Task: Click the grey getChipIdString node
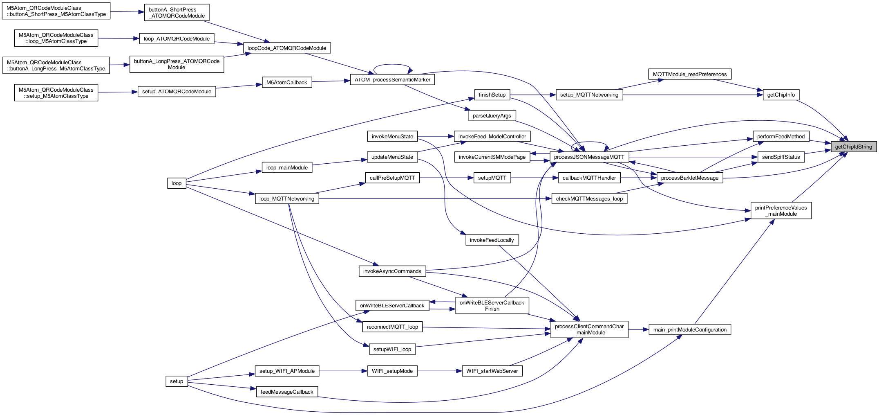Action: [853, 147]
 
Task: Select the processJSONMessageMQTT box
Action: [589, 157]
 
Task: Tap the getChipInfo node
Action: [781, 95]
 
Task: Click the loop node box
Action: [177, 183]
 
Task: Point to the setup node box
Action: [177, 381]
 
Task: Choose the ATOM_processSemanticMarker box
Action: [392, 80]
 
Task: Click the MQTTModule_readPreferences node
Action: [690, 74]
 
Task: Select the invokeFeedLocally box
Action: [492, 240]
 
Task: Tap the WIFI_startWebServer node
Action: [492, 371]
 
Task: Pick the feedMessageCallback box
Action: [287, 392]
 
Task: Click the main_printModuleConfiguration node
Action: [690, 330]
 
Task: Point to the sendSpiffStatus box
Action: [781, 157]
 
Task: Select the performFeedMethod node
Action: [781, 137]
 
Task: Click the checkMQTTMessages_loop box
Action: [589, 199]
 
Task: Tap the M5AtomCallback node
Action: [286, 83]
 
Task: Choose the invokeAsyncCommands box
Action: [392, 271]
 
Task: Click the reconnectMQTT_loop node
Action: [392, 327]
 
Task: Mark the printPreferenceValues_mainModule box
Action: [781, 211]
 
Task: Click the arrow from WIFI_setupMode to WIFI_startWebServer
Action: [439, 371]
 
